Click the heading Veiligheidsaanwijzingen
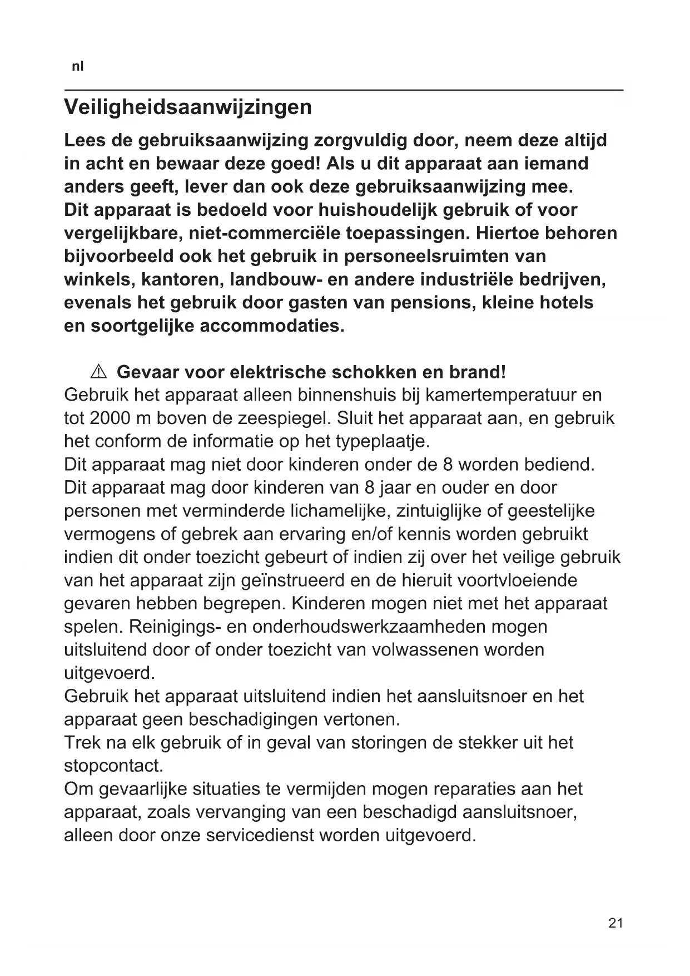188,107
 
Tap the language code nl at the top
78,67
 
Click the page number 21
615,923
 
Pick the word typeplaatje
383,441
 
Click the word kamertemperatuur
495,395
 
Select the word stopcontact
113,766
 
